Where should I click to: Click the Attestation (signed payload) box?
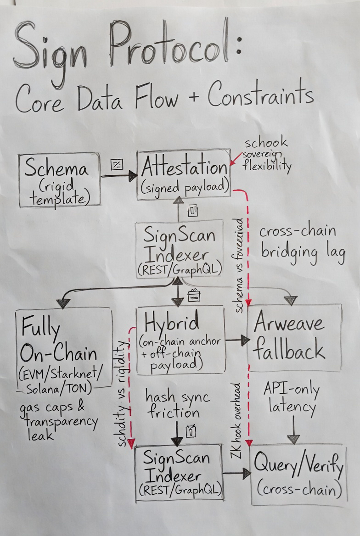coord(183,174)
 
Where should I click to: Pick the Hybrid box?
coord(180,339)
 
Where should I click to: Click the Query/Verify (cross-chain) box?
coord(298,475)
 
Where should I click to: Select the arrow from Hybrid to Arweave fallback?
coord(237,340)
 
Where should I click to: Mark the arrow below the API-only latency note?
coord(293,429)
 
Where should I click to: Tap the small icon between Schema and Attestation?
coord(117,163)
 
